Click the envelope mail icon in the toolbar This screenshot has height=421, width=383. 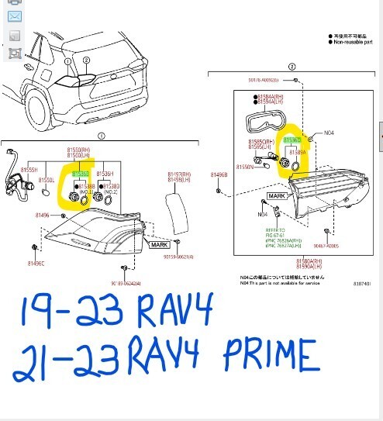pos(13,17)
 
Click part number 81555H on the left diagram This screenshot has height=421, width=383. pos(30,168)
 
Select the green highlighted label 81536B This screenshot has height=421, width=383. pos(80,174)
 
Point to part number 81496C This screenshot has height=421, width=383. pos(36,264)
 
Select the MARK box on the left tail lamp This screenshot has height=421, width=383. pos(159,244)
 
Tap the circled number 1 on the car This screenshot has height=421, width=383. pos(67,60)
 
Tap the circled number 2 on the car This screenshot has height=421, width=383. pos(86,60)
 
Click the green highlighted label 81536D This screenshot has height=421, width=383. pos(292,140)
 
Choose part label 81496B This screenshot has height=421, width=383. pos(220,175)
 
